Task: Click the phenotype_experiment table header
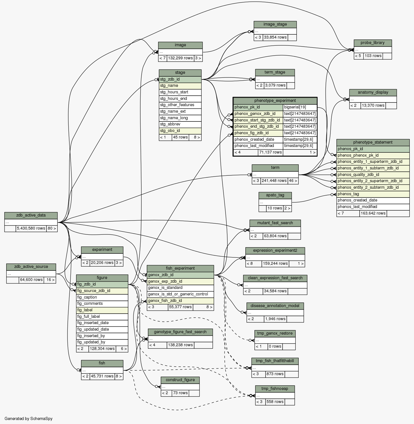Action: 275,101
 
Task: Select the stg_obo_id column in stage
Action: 180,131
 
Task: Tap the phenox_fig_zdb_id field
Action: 258,133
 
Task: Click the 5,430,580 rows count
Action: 31,228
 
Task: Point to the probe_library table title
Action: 373,43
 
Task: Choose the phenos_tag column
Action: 373,194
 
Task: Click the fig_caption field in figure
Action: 102,297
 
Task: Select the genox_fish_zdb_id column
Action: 180,301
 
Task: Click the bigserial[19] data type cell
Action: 300,107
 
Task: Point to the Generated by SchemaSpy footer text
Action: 29,419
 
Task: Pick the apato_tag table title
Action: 275,195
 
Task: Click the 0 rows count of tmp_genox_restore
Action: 275,347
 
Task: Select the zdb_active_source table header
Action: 31,267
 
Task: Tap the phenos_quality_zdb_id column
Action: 373,175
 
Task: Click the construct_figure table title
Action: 180,380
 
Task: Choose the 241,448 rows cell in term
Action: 274,181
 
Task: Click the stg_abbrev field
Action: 180,124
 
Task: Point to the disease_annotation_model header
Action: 275,306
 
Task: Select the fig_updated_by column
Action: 102,342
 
